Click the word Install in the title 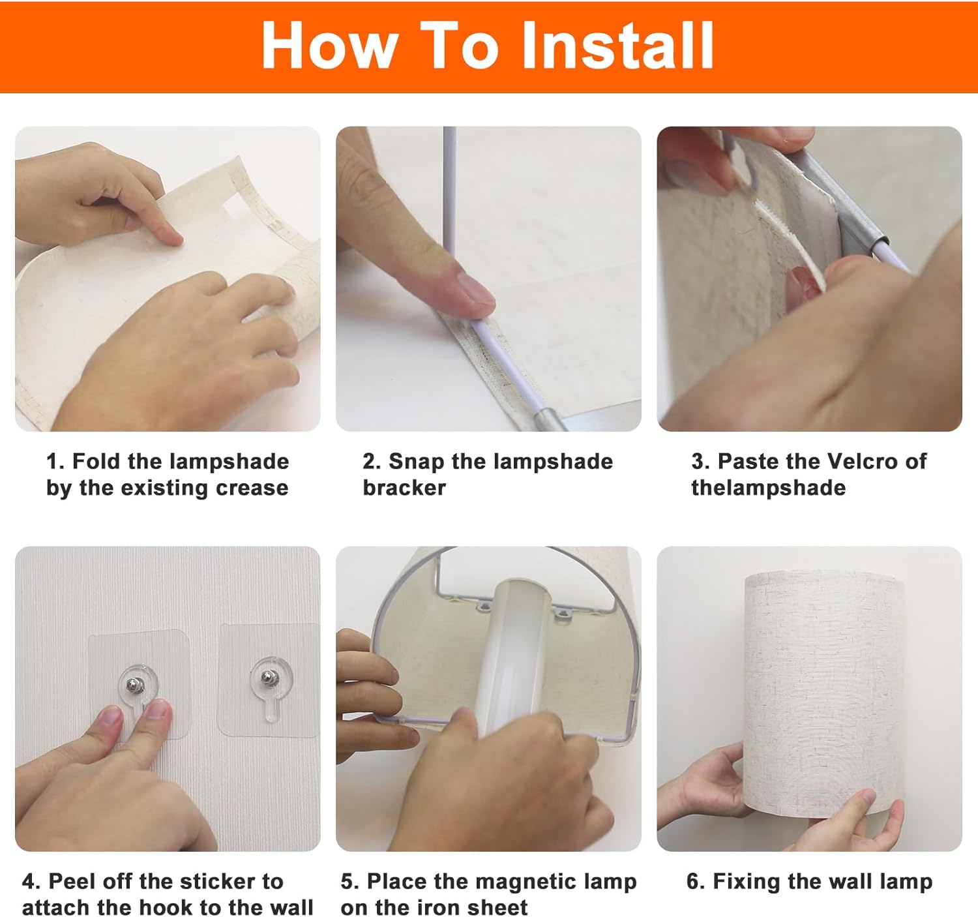click(617, 45)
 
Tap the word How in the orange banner click(329, 46)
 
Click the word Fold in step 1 click(96, 462)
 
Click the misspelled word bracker click(404, 488)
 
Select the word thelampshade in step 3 click(768, 488)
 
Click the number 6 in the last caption click(693, 881)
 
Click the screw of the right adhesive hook click(269, 678)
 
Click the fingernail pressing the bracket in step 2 click(476, 292)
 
